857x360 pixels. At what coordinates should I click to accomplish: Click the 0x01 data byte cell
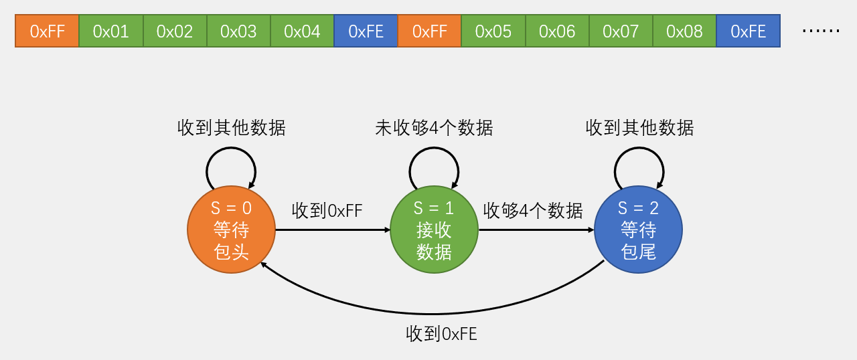[110, 31]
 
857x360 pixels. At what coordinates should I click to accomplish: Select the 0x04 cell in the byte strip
[302, 31]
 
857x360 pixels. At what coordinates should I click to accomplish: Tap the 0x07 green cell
[621, 31]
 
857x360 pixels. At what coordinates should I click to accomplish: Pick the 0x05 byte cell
[493, 31]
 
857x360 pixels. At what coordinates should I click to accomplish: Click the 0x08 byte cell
[684, 31]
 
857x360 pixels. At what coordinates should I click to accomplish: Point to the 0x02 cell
[175, 31]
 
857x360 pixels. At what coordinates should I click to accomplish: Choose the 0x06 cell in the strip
[557, 31]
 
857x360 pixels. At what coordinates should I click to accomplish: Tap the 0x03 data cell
[238, 31]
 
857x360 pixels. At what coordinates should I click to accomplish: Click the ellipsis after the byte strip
[820, 31]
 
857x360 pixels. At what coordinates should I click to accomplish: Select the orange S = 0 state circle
[232, 230]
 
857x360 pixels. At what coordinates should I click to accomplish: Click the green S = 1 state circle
[434, 230]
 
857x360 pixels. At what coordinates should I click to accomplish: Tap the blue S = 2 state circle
[638, 230]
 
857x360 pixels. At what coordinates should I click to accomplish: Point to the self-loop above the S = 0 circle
[231, 149]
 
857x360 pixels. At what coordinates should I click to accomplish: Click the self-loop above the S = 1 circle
[434, 149]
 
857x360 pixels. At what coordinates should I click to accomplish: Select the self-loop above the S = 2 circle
[639, 149]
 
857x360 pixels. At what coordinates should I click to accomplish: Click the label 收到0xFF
[327, 211]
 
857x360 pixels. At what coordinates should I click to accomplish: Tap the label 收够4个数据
[533, 211]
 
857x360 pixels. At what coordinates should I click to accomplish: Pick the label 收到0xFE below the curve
[441, 334]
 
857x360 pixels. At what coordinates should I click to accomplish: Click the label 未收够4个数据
[434, 128]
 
